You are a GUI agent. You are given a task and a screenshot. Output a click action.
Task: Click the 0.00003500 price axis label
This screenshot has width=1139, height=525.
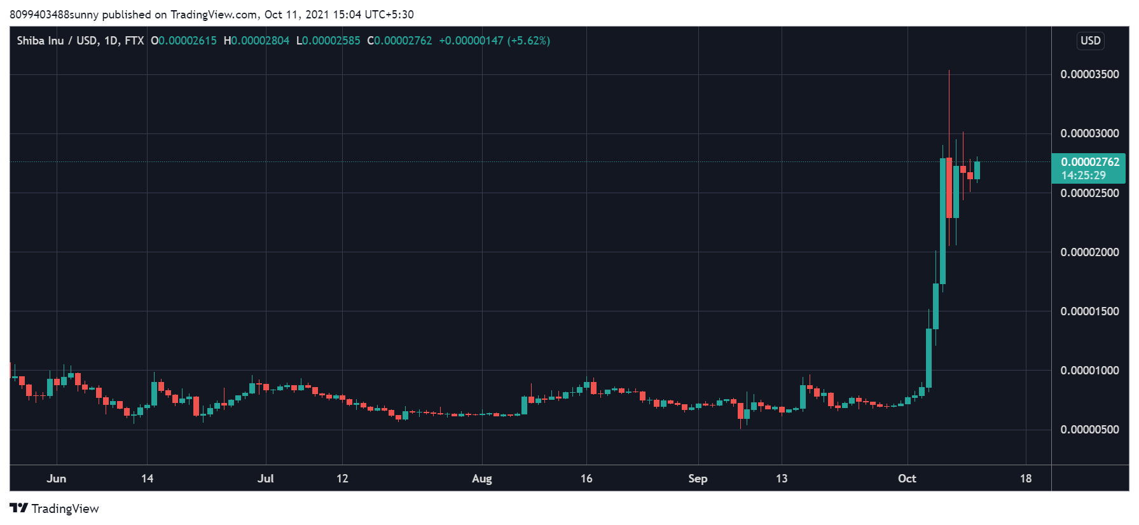(x=1089, y=74)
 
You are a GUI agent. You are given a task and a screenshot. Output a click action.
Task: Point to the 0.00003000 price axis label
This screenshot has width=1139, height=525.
(x=1089, y=133)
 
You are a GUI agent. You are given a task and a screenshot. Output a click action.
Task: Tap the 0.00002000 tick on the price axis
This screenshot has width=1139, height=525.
(x=1089, y=252)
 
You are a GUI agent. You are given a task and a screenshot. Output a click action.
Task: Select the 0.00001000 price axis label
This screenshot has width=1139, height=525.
(x=1089, y=371)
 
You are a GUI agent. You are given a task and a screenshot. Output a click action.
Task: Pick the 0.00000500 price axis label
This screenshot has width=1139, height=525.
(x=1089, y=430)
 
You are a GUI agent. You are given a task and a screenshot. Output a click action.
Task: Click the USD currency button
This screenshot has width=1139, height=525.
(x=1090, y=41)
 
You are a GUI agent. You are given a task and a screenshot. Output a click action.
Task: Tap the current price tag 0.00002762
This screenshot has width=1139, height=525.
(x=1089, y=162)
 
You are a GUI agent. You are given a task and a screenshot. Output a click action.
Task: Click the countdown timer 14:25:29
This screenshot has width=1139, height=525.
(x=1083, y=175)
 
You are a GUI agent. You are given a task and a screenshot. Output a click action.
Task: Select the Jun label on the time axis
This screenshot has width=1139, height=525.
(x=57, y=479)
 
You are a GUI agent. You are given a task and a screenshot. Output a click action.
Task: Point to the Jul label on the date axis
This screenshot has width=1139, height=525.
(x=266, y=479)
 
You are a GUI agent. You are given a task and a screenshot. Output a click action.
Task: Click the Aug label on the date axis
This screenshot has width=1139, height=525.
(x=482, y=479)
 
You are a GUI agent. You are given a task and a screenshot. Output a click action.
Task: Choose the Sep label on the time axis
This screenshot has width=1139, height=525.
(x=698, y=479)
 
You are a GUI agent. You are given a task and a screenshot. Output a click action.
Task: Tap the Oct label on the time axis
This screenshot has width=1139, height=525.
(x=907, y=479)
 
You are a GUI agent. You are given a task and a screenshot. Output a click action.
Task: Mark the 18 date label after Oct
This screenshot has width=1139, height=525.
(x=1026, y=479)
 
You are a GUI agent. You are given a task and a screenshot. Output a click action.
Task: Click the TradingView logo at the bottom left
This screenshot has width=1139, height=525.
(x=55, y=508)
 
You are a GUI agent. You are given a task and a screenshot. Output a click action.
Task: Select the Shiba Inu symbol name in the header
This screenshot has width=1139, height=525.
(x=40, y=41)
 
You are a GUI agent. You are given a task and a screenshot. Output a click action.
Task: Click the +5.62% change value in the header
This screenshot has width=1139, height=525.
(x=528, y=41)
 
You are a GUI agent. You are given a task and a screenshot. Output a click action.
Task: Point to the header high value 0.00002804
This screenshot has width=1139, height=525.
(x=259, y=41)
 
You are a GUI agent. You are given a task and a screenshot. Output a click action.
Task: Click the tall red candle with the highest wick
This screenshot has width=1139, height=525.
(x=949, y=187)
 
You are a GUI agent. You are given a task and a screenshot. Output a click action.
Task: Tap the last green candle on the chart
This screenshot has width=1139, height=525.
(x=977, y=170)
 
